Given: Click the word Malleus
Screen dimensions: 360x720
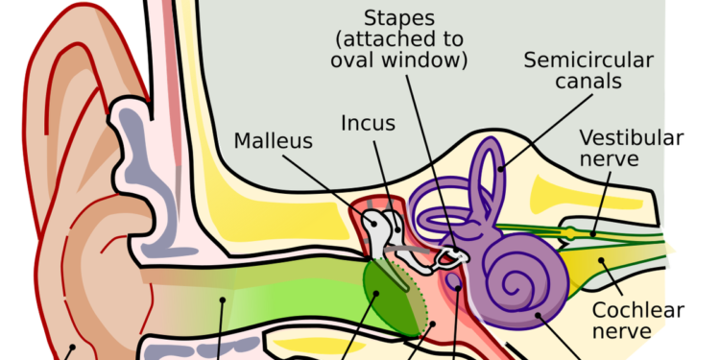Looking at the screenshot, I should coord(274,141).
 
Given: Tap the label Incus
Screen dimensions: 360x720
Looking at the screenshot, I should coord(368,123).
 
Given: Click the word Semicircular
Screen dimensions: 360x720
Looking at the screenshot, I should coord(588,60).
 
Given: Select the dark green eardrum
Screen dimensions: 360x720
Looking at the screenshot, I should coord(391,298).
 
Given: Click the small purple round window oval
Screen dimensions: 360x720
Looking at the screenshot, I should coord(454,284).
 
